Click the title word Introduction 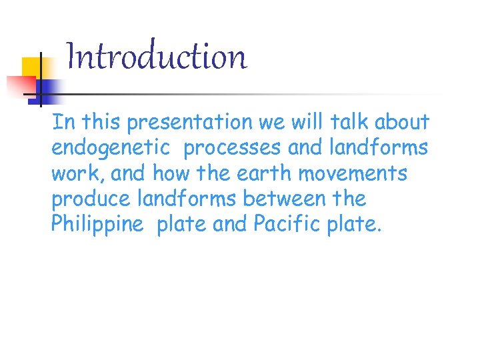[157, 57]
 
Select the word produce [91, 199]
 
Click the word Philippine [97, 225]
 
